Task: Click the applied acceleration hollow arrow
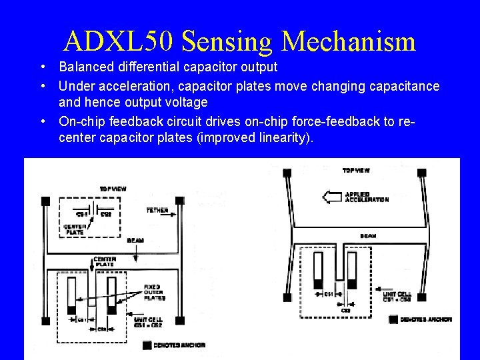331,197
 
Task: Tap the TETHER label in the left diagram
157,210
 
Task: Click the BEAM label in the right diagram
367,235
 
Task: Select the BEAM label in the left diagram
135,240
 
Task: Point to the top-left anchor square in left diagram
46,201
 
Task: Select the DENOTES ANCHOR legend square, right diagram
393,319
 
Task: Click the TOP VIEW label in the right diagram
357,171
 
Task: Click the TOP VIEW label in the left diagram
113,189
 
